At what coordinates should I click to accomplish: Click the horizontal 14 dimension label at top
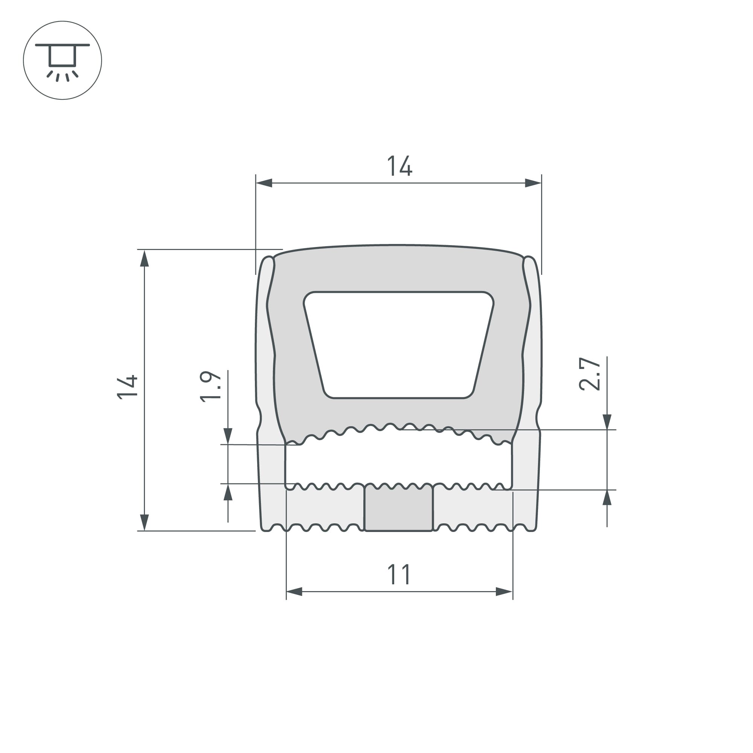click(399, 166)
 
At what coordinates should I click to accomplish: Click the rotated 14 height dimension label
click(128, 387)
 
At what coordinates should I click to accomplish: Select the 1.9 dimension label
click(210, 386)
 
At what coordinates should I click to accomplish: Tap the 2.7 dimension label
click(589, 374)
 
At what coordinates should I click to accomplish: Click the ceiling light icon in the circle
click(62, 60)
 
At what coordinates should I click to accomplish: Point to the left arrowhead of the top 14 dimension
click(264, 183)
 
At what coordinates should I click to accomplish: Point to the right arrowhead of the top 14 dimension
click(533, 183)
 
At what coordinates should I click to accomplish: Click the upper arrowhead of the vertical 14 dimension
click(145, 259)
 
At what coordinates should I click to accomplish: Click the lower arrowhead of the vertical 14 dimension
click(145, 522)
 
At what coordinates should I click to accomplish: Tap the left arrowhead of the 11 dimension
click(294, 591)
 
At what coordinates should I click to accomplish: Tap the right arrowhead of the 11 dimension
click(504, 591)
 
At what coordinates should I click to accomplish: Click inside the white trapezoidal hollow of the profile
click(398, 345)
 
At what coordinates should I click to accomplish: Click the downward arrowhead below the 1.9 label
click(228, 435)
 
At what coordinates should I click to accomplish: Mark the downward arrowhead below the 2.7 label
click(607, 422)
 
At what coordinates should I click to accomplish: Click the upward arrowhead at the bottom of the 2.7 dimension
click(607, 498)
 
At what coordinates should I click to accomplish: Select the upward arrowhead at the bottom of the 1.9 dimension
click(228, 492)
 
